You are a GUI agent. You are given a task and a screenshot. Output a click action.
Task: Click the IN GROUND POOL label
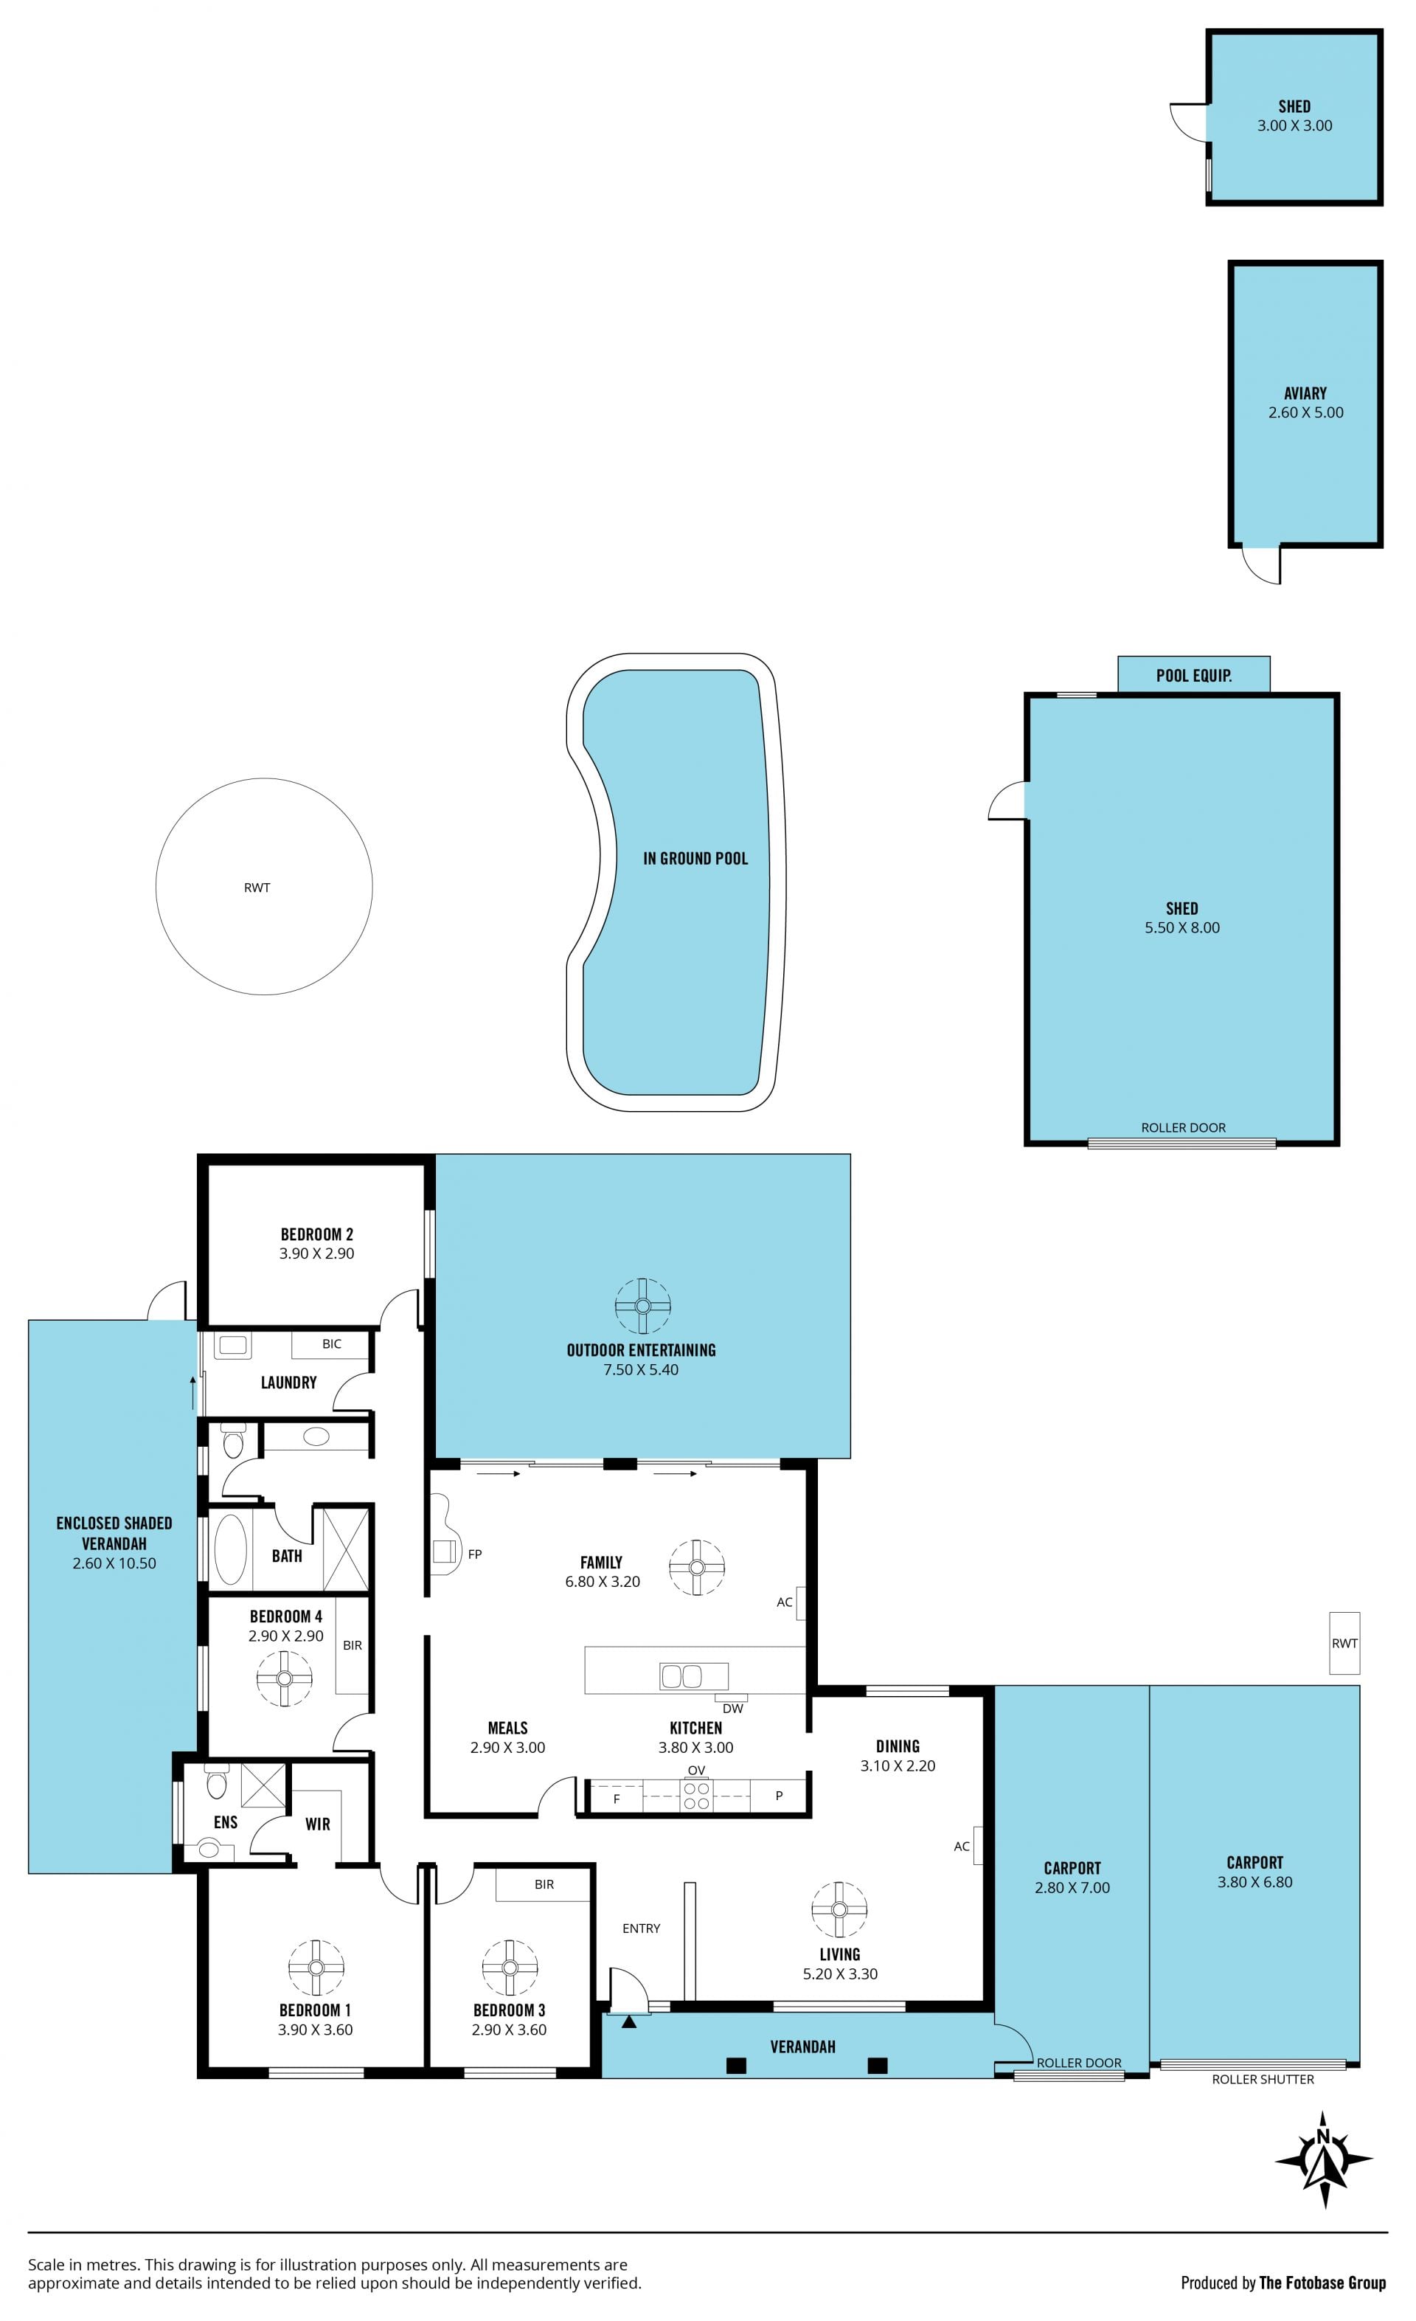tap(695, 858)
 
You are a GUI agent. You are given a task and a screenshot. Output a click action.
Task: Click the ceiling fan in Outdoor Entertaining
tap(643, 1306)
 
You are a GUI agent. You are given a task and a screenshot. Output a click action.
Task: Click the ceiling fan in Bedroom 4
tap(285, 1678)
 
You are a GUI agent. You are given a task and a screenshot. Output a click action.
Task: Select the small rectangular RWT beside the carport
tap(1344, 1643)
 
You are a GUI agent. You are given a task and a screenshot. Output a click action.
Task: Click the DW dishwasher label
tap(732, 1709)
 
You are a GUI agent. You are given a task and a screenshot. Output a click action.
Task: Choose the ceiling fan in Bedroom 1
tap(316, 1968)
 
